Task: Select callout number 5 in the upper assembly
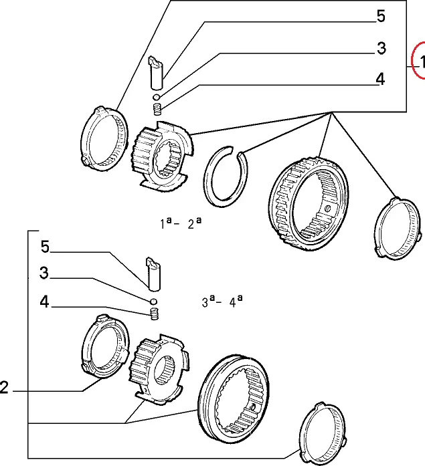381,16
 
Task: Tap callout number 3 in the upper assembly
381,48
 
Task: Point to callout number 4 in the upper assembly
380,79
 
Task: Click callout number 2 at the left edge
5,388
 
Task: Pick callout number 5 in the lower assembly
45,247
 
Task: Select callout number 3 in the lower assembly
44,273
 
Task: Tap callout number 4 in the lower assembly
44,302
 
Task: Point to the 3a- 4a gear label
222,302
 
